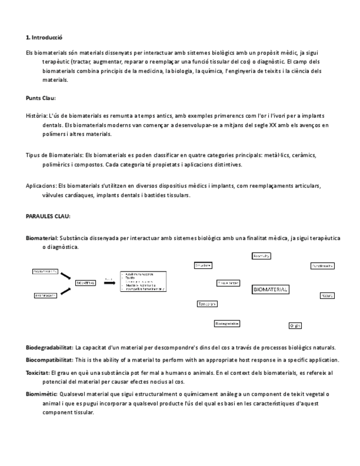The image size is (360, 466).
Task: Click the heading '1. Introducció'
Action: click(x=44, y=38)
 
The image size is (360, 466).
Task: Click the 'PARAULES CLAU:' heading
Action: click(x=48, y=216)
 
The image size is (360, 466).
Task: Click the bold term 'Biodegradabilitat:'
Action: click(x=49, y=347)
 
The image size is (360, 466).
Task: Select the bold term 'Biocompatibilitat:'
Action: click(x=49, y=360)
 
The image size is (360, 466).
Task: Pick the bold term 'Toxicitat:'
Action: click(x=37, y=373)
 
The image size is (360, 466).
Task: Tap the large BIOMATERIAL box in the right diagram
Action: click(x=270, y=290)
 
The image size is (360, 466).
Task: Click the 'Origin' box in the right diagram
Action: click(x=295, y=325)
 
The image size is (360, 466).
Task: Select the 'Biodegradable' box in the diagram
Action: click(x=227, y=324)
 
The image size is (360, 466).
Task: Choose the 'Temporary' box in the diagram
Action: click(x=207, y=303)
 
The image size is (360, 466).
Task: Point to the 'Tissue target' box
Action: click(x=228, y=283)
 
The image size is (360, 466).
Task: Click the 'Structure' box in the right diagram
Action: click(x=203, y=265)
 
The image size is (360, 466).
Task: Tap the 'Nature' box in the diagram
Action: click(x=327, y=295)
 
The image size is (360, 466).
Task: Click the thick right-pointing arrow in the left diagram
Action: click(x=109, y=282)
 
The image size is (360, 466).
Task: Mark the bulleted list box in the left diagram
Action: click(x=143, y=281)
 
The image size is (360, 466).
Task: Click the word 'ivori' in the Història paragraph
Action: click(x=278, y=116)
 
